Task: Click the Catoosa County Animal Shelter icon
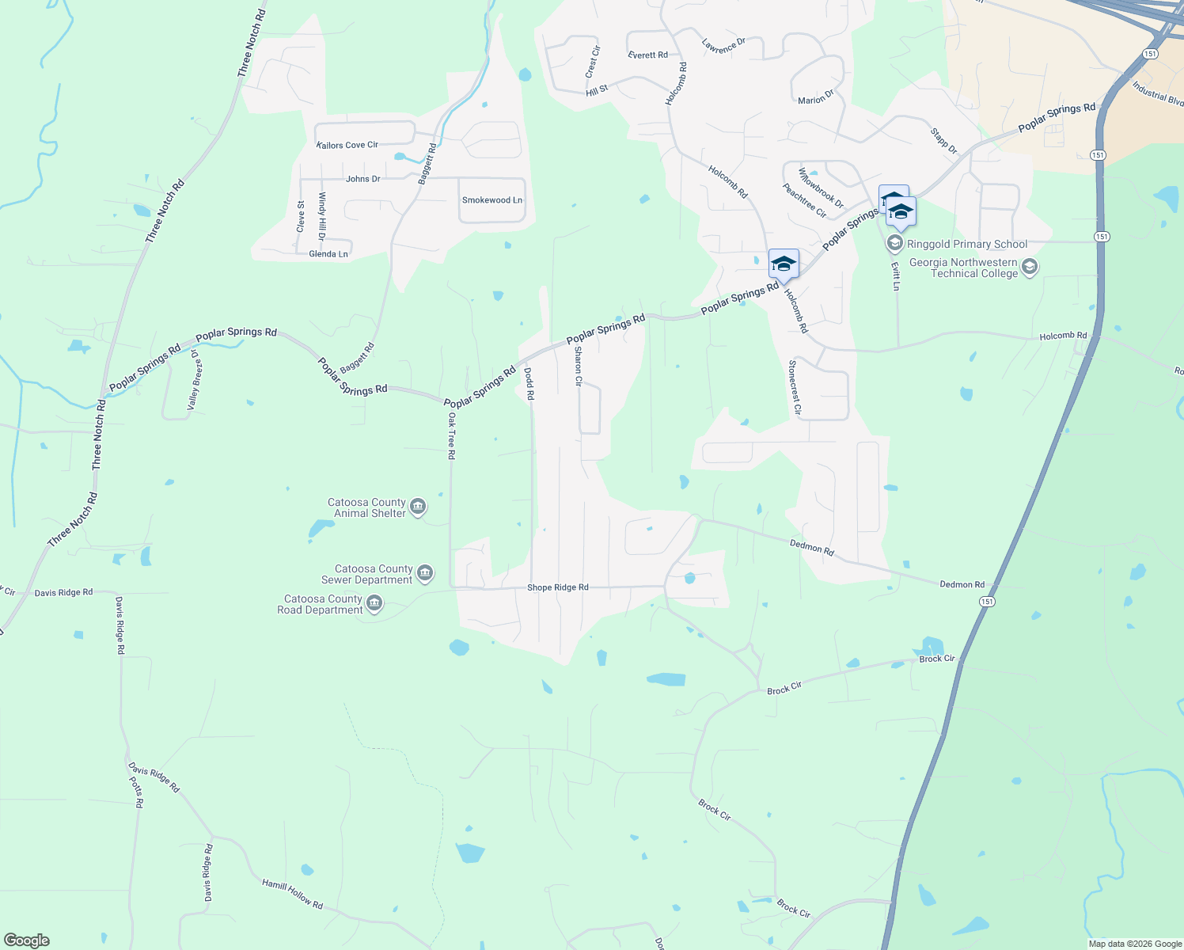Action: click(x=419, y=507)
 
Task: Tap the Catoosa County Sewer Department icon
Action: click(x=425, y=574)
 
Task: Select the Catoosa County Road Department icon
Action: click(x=375, y=604)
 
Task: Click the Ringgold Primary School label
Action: click(x=967, y=244)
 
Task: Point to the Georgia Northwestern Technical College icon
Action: click(x=1030, y=268)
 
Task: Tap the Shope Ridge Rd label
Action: click(x=558, y=587)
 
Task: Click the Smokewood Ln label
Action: click(x=492, y=200)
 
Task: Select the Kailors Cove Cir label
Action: click(x=347, y=145)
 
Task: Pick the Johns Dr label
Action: click(x=363, y=179)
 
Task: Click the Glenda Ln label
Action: click(x=328, y=254)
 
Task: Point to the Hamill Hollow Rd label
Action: click(x=293, y=894)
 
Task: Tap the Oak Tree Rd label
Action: click(x=451, y=435)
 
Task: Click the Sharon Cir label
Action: click(x=579, y=366)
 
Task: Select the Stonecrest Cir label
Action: click(x=794, y=388)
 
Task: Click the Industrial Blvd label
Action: click(x=1157, y=93)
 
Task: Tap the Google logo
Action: click(x=27, y=940)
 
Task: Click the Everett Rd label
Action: click(x=647, y=55)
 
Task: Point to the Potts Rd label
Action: click(x=136, y=792)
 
